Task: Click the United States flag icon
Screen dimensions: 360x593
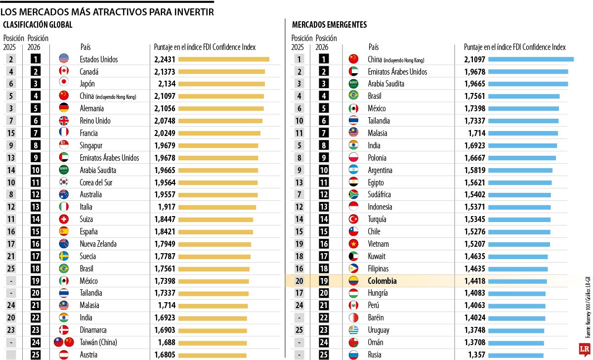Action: click(63, 59)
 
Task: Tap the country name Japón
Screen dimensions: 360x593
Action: click(87, 84)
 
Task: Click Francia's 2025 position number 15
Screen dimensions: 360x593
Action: click(11, 133)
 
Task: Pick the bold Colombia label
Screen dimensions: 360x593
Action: click(382, 281)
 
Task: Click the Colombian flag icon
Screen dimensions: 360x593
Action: click(353, 281)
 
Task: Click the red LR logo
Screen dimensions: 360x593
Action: click(586, 349)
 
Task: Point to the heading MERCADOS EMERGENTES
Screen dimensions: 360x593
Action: click(329, 25)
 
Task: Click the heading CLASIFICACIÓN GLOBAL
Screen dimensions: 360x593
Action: click(38, 25)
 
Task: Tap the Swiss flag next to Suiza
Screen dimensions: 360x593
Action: click(63, 219)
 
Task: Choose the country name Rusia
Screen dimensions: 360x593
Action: click(375, 355)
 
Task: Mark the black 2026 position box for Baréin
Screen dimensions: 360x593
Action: click(324, 317)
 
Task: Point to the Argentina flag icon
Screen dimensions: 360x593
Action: click(353, 170)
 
